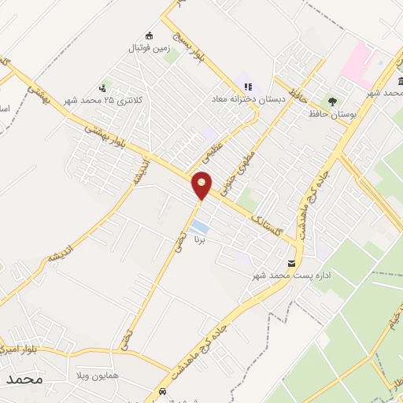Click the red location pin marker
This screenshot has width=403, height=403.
click(202, 184)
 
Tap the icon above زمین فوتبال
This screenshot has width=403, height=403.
click(150, 35)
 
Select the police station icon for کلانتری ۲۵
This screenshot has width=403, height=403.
click(103, 88)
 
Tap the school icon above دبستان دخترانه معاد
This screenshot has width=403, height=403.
click(248, 87)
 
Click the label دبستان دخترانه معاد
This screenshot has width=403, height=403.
click(243, 100)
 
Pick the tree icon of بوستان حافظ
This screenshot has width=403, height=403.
click(333, 101)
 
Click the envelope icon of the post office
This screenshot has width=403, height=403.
click(292, 263)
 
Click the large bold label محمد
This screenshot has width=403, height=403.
click(24, 379)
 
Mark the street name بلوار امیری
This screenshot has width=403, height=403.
click(17, 347)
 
